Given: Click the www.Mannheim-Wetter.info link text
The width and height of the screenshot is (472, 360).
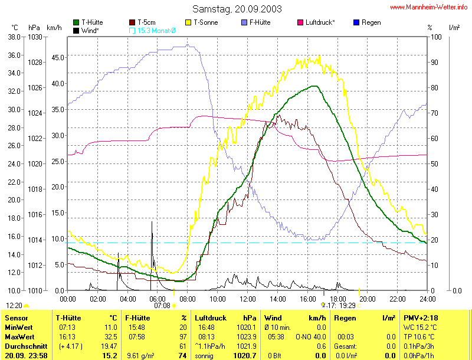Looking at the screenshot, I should coord(429,8).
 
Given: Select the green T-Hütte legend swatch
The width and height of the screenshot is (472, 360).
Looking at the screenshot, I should coord(77,22).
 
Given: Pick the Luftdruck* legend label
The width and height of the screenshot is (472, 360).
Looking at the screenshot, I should coord(320,22).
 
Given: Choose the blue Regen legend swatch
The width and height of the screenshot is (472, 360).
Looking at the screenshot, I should coord(356,22).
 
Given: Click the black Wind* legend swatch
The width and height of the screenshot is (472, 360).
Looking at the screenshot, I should coord(77,30).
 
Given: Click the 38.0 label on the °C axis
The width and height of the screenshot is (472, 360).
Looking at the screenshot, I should coord(14,37).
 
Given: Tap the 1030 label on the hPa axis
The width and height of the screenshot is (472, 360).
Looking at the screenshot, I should coord(35,37).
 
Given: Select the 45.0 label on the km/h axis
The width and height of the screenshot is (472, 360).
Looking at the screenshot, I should coord(57,57).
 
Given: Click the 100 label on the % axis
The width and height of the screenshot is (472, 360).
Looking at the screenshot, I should coord(436,37).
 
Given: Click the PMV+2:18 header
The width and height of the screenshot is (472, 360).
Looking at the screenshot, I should coord(420,318).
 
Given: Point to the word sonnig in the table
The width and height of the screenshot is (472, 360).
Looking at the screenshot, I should coord(204,356).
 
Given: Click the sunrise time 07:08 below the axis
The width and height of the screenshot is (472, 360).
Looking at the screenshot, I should coord(162,306).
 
